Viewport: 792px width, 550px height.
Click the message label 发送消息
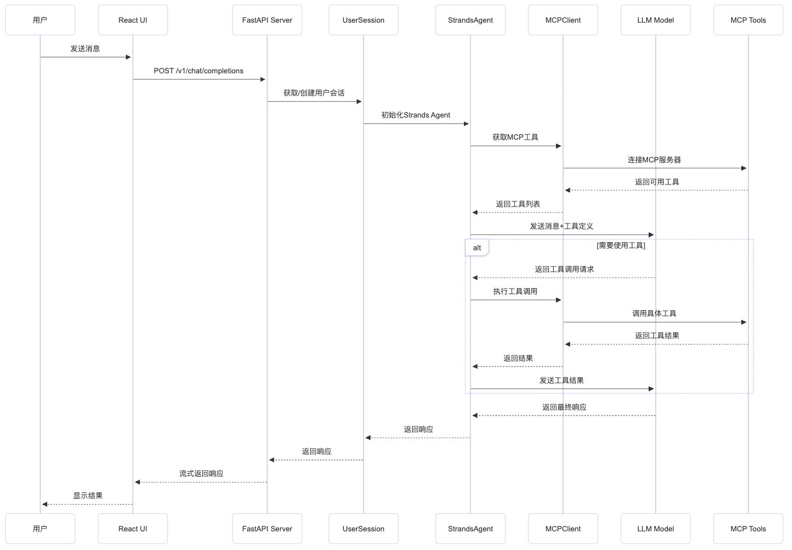[x=85, y=49]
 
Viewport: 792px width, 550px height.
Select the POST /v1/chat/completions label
[x=199, y=71]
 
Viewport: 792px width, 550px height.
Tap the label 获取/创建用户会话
[x=314, y=93]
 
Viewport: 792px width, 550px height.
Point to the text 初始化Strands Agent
[x=416, y=115]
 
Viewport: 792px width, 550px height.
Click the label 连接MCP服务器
[x=654, y=159]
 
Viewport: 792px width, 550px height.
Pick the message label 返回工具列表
[x=518, y=204]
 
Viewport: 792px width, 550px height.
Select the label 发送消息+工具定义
[x=561, y=226]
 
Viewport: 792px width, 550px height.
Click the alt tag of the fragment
[x=477, y=248]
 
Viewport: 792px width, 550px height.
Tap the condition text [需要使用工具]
[x=621, y=246]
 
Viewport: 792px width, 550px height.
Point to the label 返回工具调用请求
[x=564, y=269]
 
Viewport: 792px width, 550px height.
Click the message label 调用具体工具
[x=654, y=314]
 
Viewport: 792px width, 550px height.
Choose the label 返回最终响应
[x=564, y=407]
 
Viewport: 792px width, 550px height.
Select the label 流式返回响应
[x=201, y=474]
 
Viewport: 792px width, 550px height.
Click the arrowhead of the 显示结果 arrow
[x=44, y=504]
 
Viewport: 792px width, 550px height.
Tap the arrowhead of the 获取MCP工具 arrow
[x=558, y=146]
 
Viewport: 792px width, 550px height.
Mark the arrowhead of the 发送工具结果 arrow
[x=651, y=389]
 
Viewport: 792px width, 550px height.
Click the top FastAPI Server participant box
[x=267, y=20]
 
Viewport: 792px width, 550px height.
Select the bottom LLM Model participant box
[x=656, y=528]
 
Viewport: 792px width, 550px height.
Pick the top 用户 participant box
[x=40, y=20]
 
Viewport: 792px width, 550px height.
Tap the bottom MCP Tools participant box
[x=748, y=528]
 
